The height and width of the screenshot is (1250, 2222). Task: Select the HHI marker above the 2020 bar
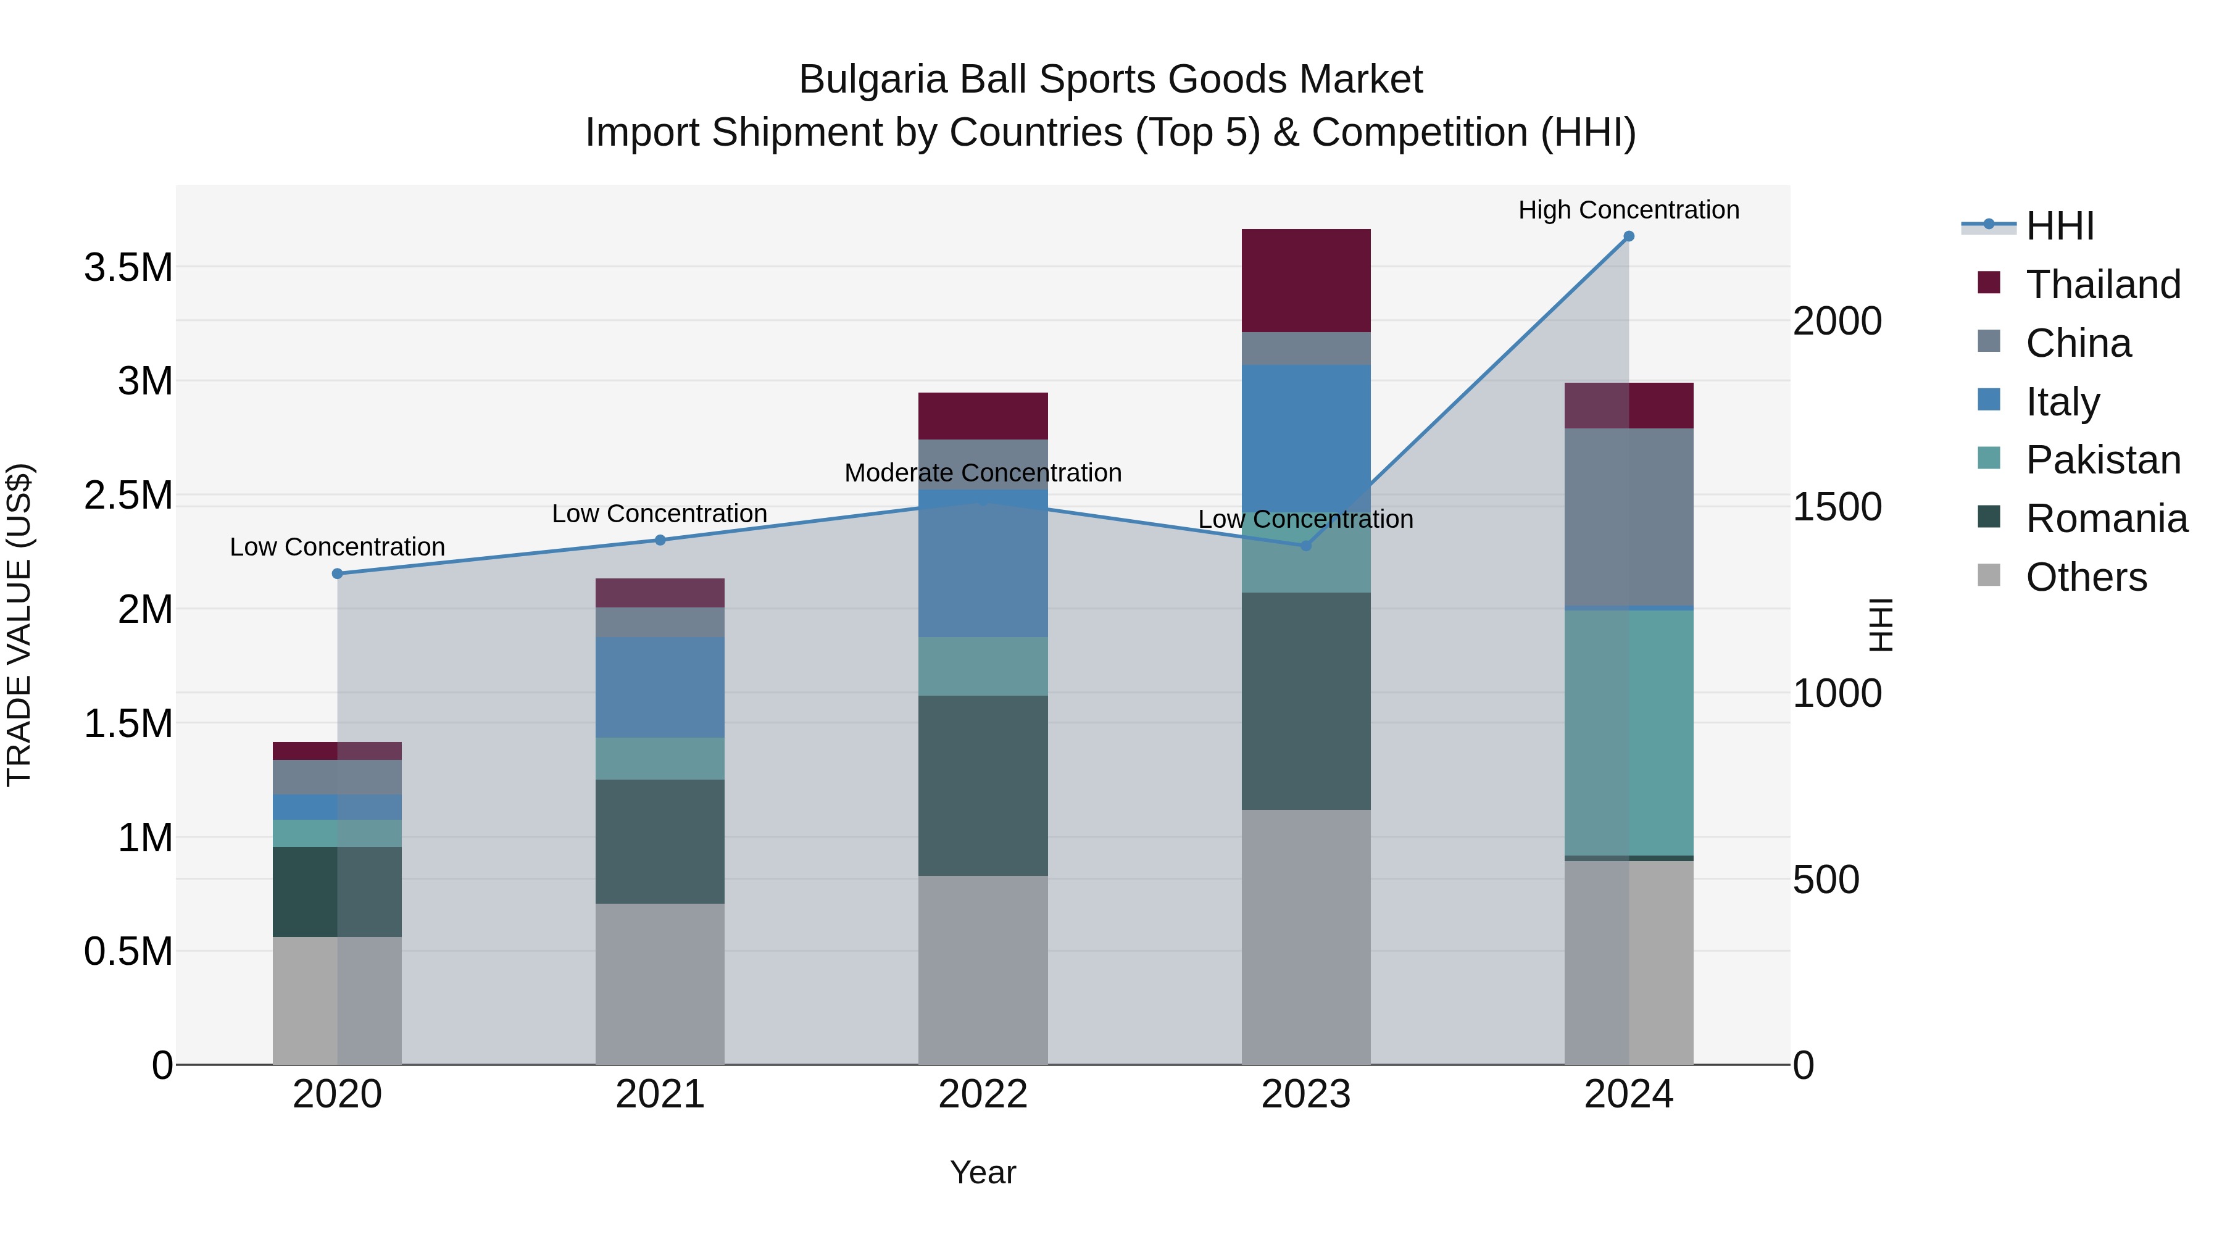pos(337,573)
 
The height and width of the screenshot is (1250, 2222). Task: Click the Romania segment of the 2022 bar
pos(983,785)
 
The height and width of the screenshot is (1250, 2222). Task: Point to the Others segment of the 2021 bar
pos(660,983)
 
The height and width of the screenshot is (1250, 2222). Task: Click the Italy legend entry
pos(2062,402)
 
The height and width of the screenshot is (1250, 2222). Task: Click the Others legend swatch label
pos(2085,577)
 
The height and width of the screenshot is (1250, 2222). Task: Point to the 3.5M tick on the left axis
pos(128,267)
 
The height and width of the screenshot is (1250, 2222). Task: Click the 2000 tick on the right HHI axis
pos(1836,321)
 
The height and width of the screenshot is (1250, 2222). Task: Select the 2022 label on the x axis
pos(983,1094)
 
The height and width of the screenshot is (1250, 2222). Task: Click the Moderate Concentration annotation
pos(983,473)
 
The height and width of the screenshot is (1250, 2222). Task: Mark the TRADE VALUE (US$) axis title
pos(19,625)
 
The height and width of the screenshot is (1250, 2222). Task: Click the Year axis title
pos(983,1172)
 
